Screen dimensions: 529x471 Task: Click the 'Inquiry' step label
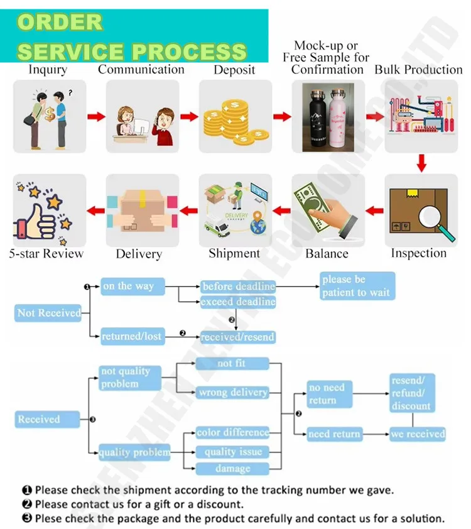[48, 70]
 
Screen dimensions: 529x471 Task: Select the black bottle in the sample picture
[315, 119]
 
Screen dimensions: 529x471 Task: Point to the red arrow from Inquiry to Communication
[95, 117]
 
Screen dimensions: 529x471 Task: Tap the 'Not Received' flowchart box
[48, 313]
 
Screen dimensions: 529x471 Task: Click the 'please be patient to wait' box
[357, 286]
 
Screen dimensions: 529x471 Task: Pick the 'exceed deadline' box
[238, 302]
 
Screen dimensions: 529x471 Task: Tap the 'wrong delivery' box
[232, 393]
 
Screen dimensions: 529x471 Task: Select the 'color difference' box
[232, 433]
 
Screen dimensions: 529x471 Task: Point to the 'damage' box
[232, 469]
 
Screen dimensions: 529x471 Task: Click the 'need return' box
[334, 434]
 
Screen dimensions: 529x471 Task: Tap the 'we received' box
[417, 434]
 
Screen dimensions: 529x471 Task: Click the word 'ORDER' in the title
[60, 23]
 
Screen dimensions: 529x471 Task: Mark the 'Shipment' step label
[234, 254]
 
